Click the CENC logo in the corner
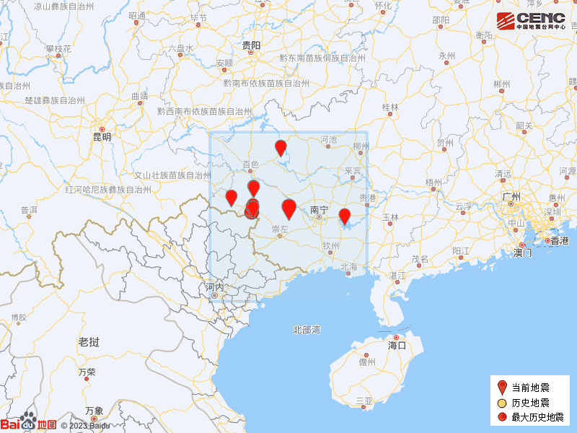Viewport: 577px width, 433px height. click(x=530, y=20)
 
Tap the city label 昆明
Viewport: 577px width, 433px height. click(x=102, y=136)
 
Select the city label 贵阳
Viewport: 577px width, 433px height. click(x=252, y=45)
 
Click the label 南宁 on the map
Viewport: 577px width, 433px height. click(x=319, y=210)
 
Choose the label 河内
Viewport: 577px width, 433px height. click(x=216, y=287)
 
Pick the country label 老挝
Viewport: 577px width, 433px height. click(x=89, y=341)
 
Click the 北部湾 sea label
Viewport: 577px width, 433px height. click(x=307, y=330)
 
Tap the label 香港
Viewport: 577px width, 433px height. click(x=560, y=240)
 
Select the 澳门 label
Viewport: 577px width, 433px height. click(x=522, y=253)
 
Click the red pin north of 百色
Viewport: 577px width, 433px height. click(x=281, y=149)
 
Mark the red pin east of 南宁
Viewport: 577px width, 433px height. click(x=345, y=216)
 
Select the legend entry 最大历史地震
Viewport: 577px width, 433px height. click(x=538, y=417)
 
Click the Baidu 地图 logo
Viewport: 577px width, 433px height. click(x=29, y=424)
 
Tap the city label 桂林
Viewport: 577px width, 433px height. click(x=390, y=107)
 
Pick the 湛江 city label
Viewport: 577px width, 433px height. click(x=397, y=276)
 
